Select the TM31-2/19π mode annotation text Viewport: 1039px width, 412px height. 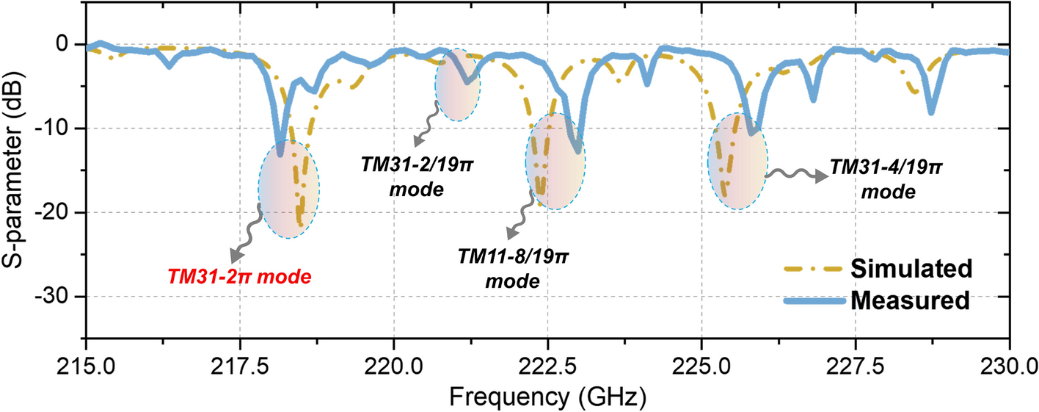(417, 176)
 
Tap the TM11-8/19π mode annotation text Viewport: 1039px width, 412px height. (514, 269)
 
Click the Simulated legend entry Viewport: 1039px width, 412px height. (911, 269)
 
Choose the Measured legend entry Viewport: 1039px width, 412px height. (911, 300)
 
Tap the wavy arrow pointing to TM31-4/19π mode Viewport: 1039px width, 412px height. (797, 176)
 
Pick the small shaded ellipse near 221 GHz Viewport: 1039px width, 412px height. (458, 84)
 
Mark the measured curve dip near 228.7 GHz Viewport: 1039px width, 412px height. (931, 112)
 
